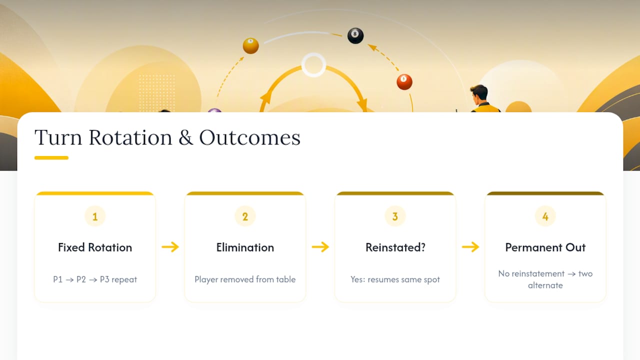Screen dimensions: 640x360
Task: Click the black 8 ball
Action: (x=355, y=35)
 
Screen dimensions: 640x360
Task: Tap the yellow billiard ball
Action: (x=251, y=45)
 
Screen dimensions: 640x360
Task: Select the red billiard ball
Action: (x=404, y=82)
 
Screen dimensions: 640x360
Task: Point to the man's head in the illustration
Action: (x=479, y=94)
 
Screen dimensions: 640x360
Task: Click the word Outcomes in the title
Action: (x=249, y=137)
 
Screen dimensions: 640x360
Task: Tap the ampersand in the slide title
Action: (x=185, y=137)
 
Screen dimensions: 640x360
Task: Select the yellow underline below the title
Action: (x=51, y=157)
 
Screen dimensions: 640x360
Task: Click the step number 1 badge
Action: (x=95, y=216)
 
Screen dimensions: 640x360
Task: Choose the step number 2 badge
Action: (x=245, y=216)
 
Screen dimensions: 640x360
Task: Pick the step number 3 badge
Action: (x=395, y=216)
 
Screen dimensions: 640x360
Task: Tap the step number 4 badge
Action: (x=545, y=216)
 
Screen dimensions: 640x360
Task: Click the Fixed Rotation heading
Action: (x=95, y=247)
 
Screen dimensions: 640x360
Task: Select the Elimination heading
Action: (x=245, y=247)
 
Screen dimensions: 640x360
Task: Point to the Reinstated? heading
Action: (x=395, y=247)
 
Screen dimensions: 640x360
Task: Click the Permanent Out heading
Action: (x=545, y=247)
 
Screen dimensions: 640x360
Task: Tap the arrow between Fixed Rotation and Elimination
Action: (x=170, y=247)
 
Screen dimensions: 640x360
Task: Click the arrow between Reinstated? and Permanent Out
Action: (x=470, y=247)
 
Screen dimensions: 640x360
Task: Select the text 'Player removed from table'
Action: (x=245, y=279)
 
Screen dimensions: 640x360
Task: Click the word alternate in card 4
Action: (x=545, y=285)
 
